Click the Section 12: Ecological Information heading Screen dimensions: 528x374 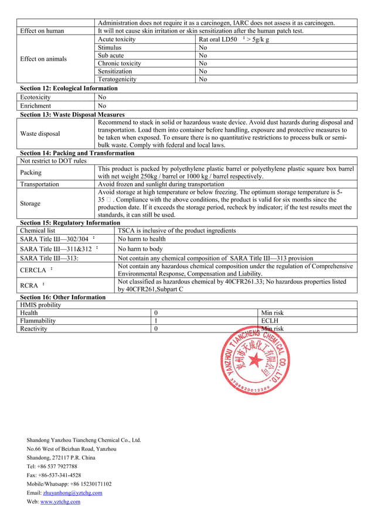click(69, 88)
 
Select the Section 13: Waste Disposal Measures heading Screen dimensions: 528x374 click(72, 114)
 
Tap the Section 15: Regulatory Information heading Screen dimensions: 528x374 click(70, 223)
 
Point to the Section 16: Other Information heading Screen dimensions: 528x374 click(63, 297)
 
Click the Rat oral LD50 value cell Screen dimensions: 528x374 click(234, 39)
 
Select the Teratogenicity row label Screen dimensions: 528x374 click(117, 79)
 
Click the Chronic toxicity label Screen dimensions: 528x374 click(120, 63)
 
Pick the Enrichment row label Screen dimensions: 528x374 click(35, 106)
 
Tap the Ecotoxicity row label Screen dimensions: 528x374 click(36, 97)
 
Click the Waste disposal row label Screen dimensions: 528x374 click(40, 133)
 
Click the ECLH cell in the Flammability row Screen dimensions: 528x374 click(270, 321)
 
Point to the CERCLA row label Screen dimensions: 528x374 click(34, 270)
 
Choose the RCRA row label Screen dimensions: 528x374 click(30, 286)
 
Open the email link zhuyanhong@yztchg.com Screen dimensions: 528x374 click(73, 493)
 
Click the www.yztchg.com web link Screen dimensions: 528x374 click(60, 502)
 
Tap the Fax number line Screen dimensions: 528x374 click(54, 475)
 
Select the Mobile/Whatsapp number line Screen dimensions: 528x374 click(69, 484)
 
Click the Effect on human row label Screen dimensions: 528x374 click(42, 31)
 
